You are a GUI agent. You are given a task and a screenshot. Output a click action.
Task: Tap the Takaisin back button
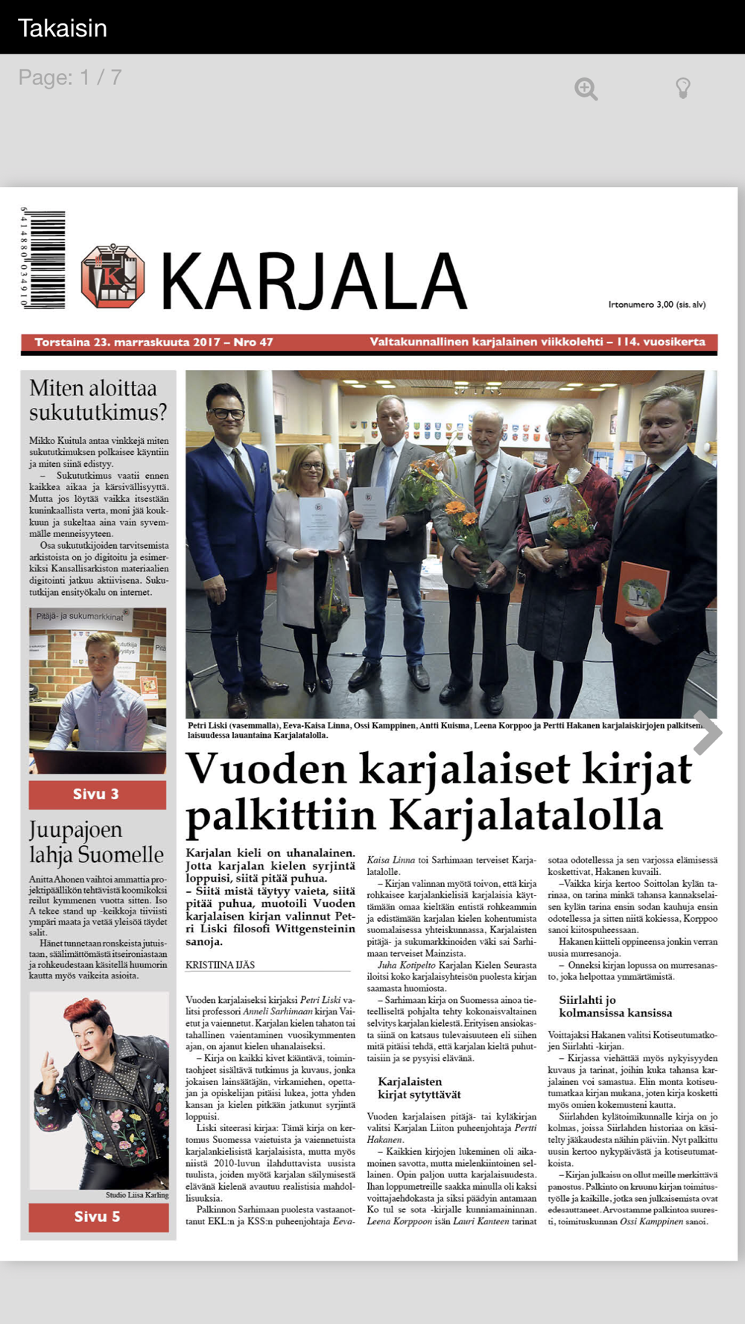pos(63,28)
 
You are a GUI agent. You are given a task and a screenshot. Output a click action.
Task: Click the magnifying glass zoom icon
pos(586,89)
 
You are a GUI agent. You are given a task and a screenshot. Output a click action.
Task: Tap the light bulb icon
pos(682,88)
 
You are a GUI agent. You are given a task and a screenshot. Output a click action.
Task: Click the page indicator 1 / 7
pos(70,77)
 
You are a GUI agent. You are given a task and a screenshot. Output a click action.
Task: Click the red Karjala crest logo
pos(112,276)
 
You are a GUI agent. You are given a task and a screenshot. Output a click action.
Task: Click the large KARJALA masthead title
pos(313,281)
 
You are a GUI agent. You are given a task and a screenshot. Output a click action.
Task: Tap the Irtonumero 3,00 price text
pos(656,304)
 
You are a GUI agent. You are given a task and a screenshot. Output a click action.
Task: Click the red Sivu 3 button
pos(97,794)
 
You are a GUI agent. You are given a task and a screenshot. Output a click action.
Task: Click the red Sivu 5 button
pos(98,1217)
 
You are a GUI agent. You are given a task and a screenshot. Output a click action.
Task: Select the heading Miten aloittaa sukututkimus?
pos(98,400)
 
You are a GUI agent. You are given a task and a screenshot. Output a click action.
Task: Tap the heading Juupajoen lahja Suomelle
pos(96,841)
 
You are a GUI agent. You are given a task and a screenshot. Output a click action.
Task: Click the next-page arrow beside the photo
pos(707,733)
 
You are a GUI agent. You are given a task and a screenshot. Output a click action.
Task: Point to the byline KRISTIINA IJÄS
pos(221,964)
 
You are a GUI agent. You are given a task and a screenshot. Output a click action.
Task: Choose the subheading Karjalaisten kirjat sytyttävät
pos(419,1088)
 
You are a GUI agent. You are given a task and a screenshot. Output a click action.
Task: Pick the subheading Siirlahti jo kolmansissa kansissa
pos(615,1006)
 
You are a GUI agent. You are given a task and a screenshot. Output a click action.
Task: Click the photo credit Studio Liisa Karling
pos(137,1195)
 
